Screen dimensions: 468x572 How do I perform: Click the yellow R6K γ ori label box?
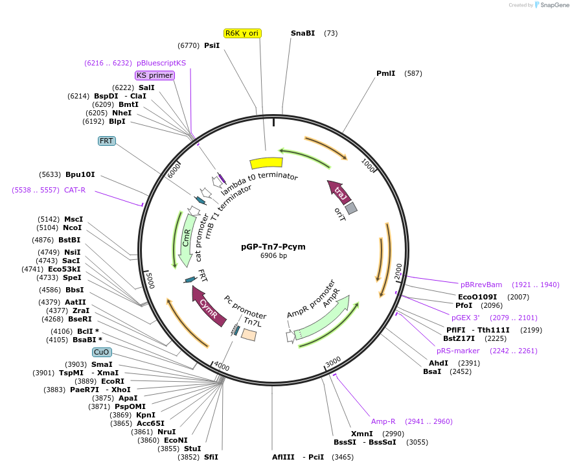(242, 33)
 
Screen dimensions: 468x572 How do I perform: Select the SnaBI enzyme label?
(303, 33)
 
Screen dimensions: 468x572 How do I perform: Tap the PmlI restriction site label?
(385, 73)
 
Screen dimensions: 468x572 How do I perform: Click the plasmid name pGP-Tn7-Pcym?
(273, 247)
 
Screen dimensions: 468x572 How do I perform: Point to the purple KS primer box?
(155, 75)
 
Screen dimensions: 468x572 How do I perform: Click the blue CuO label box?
(102, 352)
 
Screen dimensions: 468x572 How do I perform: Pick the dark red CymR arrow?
(209, 305)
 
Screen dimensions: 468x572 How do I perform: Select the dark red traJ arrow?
(339, 191)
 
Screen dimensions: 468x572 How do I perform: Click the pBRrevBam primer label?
(481, 285)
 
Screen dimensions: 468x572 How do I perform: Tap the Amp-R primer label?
(383, 421)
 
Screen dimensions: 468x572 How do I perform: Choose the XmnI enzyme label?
(361, 434)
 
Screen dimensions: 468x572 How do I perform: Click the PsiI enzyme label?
(212, 45)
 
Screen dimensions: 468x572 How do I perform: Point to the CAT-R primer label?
(74, 190)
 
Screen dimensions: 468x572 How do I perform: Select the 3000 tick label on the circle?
(333, 361)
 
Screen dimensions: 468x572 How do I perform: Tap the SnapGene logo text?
(554, 5)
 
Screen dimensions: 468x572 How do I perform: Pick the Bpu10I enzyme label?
(80, 174)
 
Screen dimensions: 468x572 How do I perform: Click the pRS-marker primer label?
(458, 351)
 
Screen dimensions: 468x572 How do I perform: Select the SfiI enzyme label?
(211, 457)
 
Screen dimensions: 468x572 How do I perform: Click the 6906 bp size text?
(273, 256)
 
